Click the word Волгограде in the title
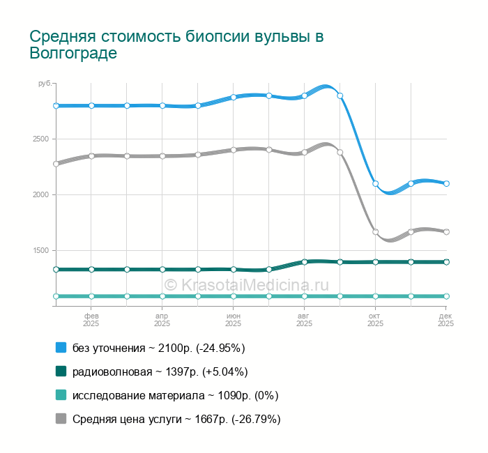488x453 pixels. [x=73, y=54]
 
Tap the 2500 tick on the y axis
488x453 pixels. [x=40, y=139]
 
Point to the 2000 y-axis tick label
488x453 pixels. [x=40, y=194]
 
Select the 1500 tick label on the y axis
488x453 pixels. [x=40, y=250]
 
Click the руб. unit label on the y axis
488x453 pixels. [x=45, y=84]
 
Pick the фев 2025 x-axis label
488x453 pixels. [x=91, y=319]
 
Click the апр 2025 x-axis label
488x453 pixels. [x=162, y=319]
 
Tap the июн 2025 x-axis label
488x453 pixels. [x=234, y=319]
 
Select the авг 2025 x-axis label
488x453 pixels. [x=305, y=319]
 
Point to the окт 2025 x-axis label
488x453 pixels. [x=376, y=319]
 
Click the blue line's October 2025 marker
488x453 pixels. [x=376, y=184]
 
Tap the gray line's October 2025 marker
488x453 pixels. [x=376, y=232]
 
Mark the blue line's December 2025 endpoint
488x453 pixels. [x=446, y=184]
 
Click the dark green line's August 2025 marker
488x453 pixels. [x=305, y=262]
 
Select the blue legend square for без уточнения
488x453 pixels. [x=61, y=347]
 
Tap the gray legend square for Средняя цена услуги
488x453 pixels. [x=61, y=419]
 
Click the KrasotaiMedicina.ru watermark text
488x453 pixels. [x=245, y=284]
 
